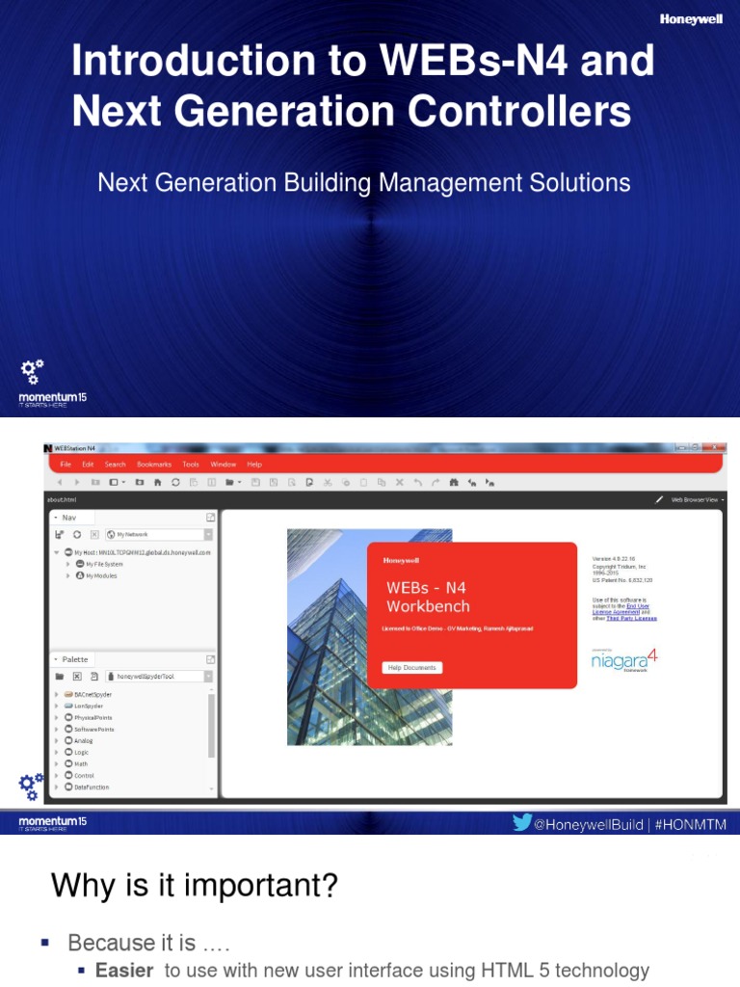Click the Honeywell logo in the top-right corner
(692, 18)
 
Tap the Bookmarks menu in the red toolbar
(153, 464)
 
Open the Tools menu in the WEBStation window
(191, 464)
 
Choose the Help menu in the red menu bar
(254, 464)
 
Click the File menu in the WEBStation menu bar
(66, 464)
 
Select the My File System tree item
(104, 564)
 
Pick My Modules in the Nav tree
(101, 575)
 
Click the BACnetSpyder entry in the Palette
(92, 694)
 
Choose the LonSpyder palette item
(89, 706)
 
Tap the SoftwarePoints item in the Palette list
(93, 729)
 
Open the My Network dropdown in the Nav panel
(160, 534)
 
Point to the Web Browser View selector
(698, 499)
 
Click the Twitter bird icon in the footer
(521, 823)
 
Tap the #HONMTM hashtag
(693, 824)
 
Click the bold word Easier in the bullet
(124, 971)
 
